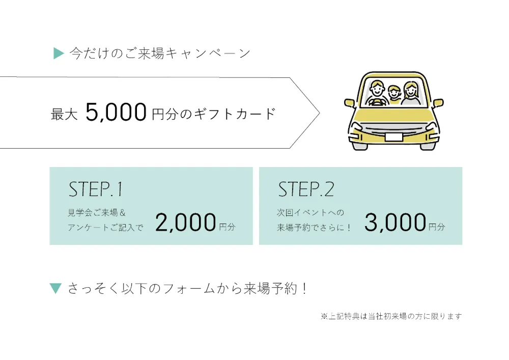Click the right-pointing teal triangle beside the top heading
pos(59,53)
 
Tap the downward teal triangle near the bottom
pos(56,289)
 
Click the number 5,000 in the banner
pos(116,112)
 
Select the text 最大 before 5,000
pos(64,114)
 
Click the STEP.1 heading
pos(96,189)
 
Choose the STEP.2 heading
pos(306,189)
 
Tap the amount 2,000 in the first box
pos(186,223)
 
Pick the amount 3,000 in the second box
pos(395,223)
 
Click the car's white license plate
pos(393,136)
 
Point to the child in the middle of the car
pos(394,94)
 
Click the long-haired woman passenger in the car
pos(410,92)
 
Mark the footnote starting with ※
pos(391,316)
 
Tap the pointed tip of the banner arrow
pos(319,113)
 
